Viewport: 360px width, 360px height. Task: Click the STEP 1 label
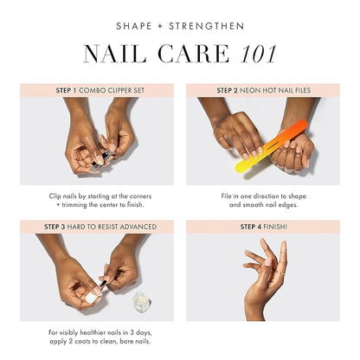pos(63,89)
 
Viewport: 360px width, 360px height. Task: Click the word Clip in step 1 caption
pos(55,196)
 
